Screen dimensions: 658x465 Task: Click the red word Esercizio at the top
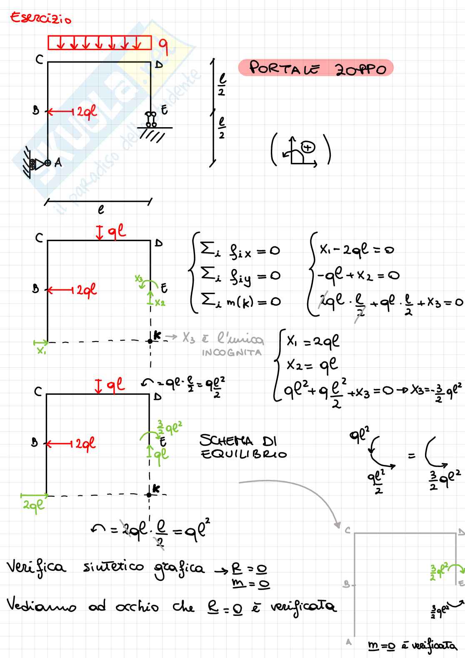pyautogui.click(x=40, y=18)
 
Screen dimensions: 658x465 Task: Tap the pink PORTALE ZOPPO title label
pyautogui.click(x=316, y=68)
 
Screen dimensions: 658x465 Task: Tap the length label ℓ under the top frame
pyautogui.click(x=101, y=210)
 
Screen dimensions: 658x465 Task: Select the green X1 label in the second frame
pyautogui.click(x=41, y=351)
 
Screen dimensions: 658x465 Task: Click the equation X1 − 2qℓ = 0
pyautogui.click(x=356, y=249)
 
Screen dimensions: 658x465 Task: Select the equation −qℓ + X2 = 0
pyautogui.click(x=357, y=275)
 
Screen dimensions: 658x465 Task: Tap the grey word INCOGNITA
pyautogui.click(x=232, y=353)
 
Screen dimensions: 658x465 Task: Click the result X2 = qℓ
pyautogui.click(x=312, y=365)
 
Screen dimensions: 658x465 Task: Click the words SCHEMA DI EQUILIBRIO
pyautogui.click(x=243, y=447)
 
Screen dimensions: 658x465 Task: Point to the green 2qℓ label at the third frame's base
pyautogui.click(x=33, y=505)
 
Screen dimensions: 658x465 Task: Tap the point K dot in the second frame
pyautogui.click(x=150, y=341)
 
